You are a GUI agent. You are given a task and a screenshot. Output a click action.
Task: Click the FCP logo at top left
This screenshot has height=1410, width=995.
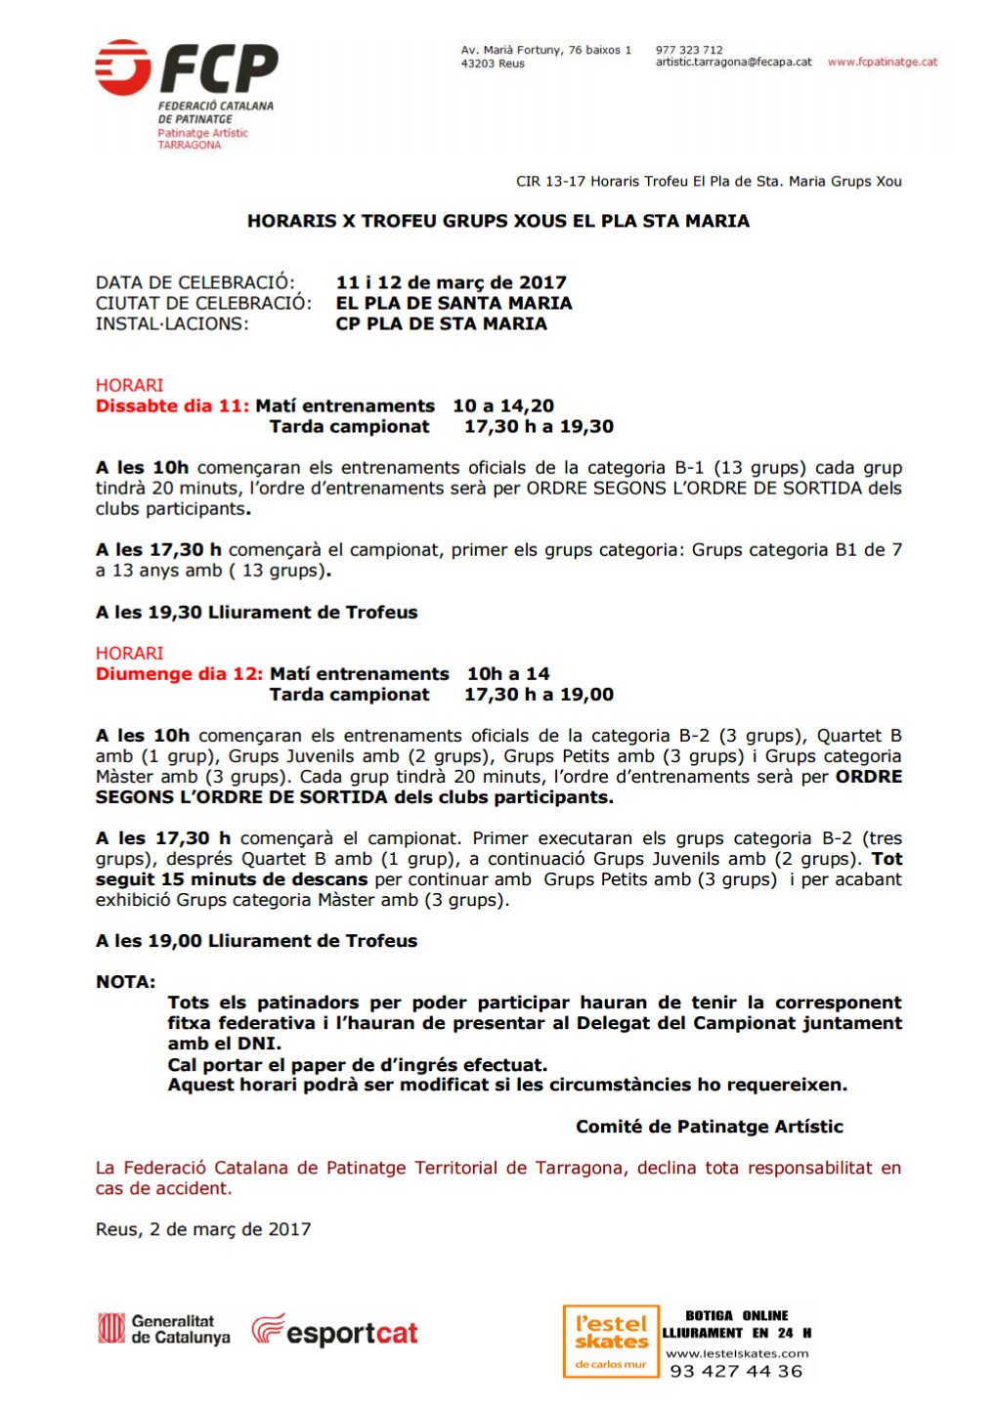[x=186, y=70]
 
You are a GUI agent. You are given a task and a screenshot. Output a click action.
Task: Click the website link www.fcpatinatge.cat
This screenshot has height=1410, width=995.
[x=882, y=62]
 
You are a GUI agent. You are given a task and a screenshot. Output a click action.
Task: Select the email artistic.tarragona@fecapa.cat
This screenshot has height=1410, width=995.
[x=733, y=62]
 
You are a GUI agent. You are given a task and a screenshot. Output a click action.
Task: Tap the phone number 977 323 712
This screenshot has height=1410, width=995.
[x=689, y=50]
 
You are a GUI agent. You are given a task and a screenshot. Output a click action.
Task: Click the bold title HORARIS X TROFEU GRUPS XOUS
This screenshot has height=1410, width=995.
[x=497, y=221]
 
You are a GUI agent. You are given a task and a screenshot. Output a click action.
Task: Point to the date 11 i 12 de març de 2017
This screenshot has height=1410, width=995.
[x=451, y=282]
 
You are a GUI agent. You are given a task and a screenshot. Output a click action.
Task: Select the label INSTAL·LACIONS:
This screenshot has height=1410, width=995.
[x=172, y=323]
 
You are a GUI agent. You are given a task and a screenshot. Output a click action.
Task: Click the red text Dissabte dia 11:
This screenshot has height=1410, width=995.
[x=172, y=406]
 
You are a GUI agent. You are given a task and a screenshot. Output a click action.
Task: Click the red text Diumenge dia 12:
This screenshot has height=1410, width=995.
[x=179, y=673]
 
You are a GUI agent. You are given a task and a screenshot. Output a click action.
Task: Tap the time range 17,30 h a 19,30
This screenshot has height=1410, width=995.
[x=539, y=426]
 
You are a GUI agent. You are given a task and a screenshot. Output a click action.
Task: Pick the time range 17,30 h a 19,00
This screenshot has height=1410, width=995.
[x=539, y=695]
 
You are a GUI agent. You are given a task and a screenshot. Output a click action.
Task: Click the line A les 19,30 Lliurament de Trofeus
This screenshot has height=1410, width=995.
[x=256, y=612]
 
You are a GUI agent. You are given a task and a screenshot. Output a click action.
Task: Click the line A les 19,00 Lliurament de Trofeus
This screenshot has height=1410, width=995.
[x=256, y=941]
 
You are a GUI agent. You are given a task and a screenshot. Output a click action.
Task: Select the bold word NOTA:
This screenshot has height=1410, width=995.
[x=125, y=982]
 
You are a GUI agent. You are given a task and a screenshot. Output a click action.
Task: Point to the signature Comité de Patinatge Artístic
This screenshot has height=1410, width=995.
[x=709, y=1127]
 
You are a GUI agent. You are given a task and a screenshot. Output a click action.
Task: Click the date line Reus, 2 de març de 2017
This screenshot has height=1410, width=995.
[x=203, y=1229]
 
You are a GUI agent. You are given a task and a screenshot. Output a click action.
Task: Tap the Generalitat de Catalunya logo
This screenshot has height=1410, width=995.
[x=164, y=1329]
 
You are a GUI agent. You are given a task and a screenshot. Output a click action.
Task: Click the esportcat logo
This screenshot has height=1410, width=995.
[x=334, y=1332]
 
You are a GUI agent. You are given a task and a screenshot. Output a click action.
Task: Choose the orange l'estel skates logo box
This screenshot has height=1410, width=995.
[x=611, y=1342]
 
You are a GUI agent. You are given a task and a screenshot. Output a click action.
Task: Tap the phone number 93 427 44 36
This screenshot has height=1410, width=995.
[x=736, y=1371]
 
